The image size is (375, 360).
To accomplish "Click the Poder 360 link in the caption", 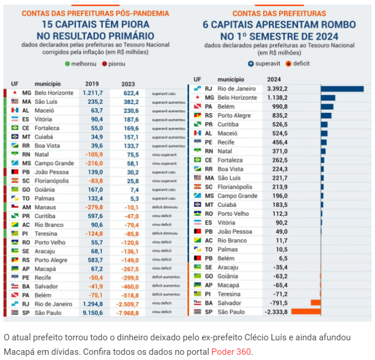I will pyautogui.click(x=231, y=352).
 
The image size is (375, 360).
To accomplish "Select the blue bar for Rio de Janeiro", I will pyautogui.click(x=342, y=89).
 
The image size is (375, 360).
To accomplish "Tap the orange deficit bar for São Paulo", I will pyautogui.click(x=306, y=311).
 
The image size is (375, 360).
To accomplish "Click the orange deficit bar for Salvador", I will pyautogui.click(x=315, y=302).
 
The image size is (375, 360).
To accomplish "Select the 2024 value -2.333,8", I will pyautogui.click(x=275, y=312).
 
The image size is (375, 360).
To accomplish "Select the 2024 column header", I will pyautogui.click(x=274, y=79).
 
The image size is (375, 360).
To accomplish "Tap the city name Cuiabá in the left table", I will pyautogui.click(x=47, y=137).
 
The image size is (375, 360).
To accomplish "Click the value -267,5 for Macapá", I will pyautogui.click(x=130, y=269).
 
